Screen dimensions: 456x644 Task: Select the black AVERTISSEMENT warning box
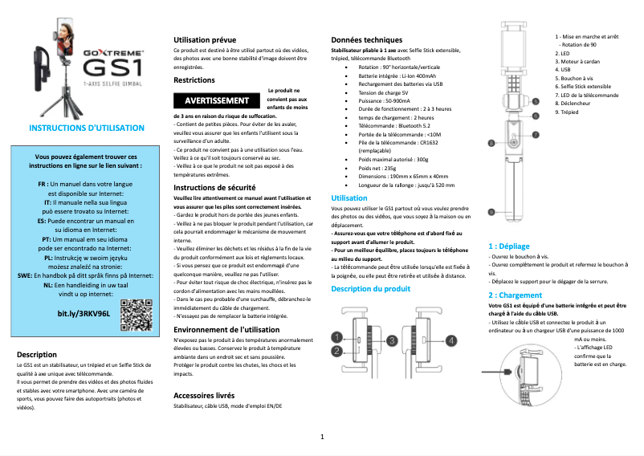217,101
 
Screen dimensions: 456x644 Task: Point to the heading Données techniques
367,40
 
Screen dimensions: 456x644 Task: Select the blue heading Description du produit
371,289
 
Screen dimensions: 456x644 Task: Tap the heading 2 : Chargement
516,295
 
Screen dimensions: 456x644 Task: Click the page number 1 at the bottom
322,437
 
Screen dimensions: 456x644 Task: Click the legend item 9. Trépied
567,112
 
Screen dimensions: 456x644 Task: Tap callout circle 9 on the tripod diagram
491,210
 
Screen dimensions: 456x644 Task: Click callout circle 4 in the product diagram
451,340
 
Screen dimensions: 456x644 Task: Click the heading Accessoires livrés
204,396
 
